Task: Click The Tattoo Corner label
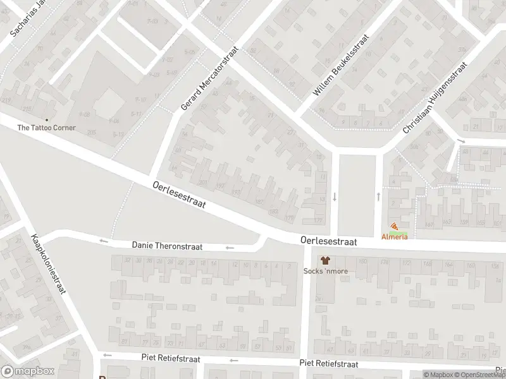(x=46, y=128)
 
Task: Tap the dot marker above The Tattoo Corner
(x=46, y=119)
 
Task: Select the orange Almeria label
(x=394, y=236)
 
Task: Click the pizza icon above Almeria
(x=395, y=227)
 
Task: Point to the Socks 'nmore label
(x=325, y=272)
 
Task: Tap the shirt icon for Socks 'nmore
(x=325, y=260)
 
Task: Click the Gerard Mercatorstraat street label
(x=209, y=78)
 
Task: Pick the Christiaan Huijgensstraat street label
(x=435, y=98)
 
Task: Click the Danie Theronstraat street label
(x=167, y=246)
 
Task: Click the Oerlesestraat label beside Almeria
(x=328, y=241)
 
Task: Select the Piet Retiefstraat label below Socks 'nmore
(x=328, y=364)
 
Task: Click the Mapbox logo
(x=27, y=371)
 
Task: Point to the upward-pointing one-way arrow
(x=378, y=196)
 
